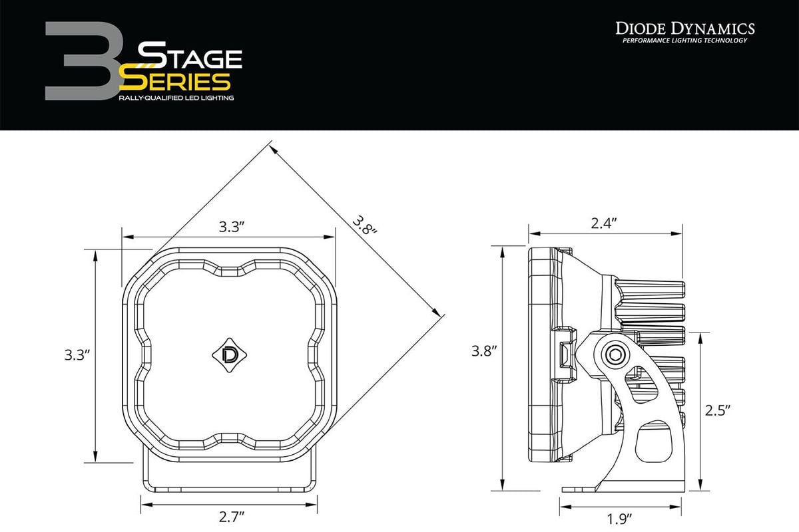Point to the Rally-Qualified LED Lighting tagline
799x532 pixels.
pyautogui.click(x=176, y=98)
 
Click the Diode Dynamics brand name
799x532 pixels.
pyautogui.click(x=684, y=28)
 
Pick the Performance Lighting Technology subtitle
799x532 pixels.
pyautogui.click(x=684, y=41)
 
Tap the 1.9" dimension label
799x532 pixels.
pyautogui.click(x=619, y=517)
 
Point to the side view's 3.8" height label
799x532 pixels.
pyautogui.click(x=485, y=350)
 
